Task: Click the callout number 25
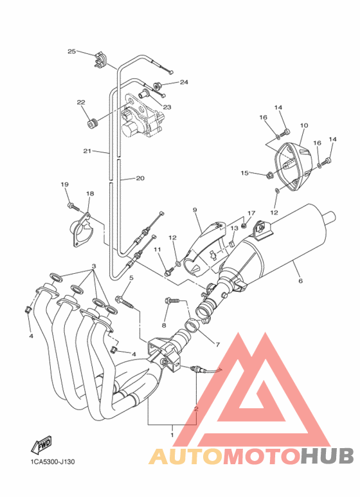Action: click(71, 51)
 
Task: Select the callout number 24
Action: click(184, 82)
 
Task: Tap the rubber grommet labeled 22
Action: click(93, 123)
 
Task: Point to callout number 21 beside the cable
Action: click(87, 151)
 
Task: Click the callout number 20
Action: click(140, 178)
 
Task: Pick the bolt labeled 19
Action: click(73, 206)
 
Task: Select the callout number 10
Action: click(304, 125)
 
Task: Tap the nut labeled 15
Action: click(270, 174)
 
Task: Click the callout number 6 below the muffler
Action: click(300, 280)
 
